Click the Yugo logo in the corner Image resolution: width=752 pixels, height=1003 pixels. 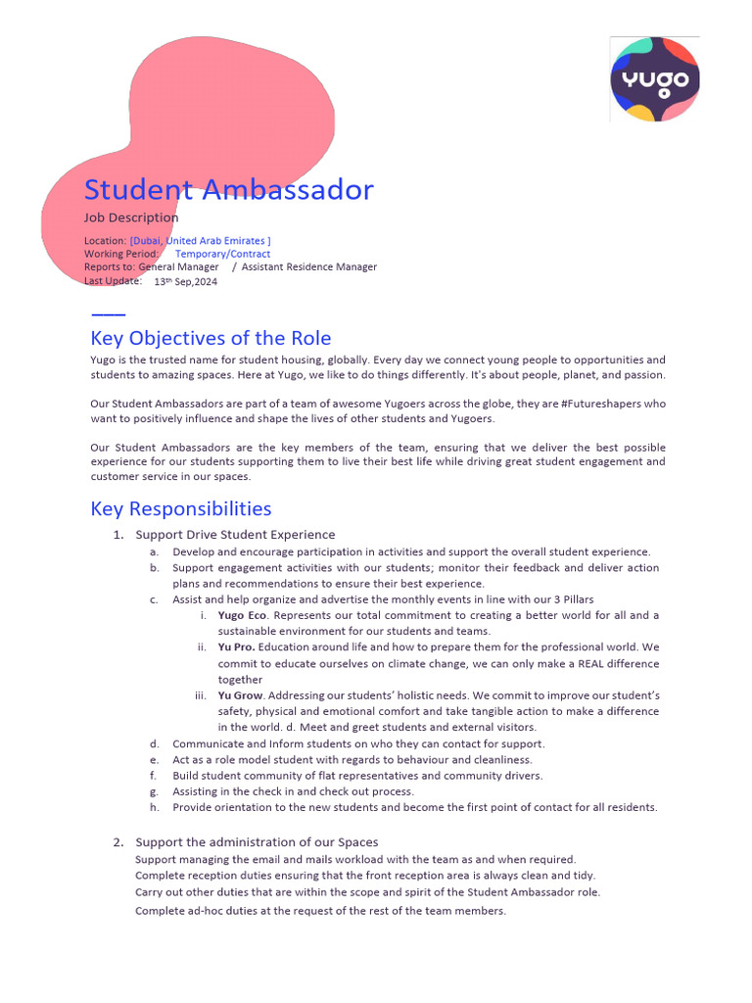click(655, 79)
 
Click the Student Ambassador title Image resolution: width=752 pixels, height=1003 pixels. click(228, 189)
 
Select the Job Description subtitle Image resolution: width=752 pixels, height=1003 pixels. click(131, 217)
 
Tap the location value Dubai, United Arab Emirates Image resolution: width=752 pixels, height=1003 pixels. click(200, 241)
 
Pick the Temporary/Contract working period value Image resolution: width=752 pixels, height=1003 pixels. click(222, 254)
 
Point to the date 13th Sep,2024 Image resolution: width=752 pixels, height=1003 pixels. click(186, 281)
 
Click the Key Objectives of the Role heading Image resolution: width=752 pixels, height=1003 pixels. click(211, 338)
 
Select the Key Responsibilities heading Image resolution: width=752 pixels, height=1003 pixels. click(180, 508)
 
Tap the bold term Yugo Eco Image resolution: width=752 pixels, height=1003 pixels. click(243, 615)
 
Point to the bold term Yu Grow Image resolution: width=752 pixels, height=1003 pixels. click(240, 695)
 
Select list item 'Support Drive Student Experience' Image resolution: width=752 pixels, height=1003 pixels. click(235, 535)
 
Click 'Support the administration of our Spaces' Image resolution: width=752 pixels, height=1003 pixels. click(257, 842)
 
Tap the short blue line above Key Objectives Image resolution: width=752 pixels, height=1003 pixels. click(108, 314)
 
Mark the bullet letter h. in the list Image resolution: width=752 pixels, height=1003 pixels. click(155, 807)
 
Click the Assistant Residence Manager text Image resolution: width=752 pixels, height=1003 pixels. click(308, 266)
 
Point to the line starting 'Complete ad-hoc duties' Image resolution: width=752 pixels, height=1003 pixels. click(320, 910)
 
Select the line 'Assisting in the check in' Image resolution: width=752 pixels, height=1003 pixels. click(293, 791)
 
